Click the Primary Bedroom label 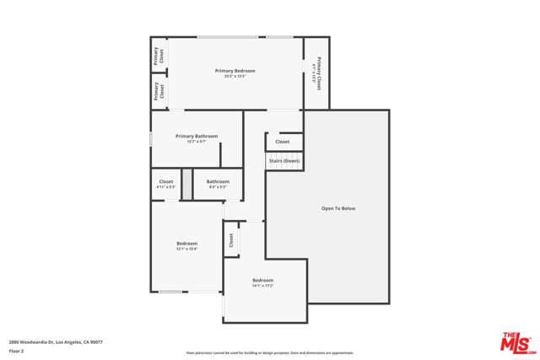click(x=235, y=71)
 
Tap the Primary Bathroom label click(x=197, y=136)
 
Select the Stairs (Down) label click(x=284, y=160)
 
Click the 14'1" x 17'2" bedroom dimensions click(x=262, y=286)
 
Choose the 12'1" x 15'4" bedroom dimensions click(x=186, y=249)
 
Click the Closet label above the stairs click(x=283, y=142)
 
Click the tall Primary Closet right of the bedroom click(x=316, y=73)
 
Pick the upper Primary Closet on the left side click(x=158, y=56)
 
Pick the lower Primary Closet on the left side click(x=158, y=91)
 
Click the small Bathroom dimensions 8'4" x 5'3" click(x=218, y=187)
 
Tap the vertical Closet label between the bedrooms click(x=231, y=240)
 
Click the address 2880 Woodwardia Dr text click(x=56, y=341)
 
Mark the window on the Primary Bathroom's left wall click(x=151, y=137)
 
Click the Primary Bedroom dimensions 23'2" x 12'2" click(x=235, y=77)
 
